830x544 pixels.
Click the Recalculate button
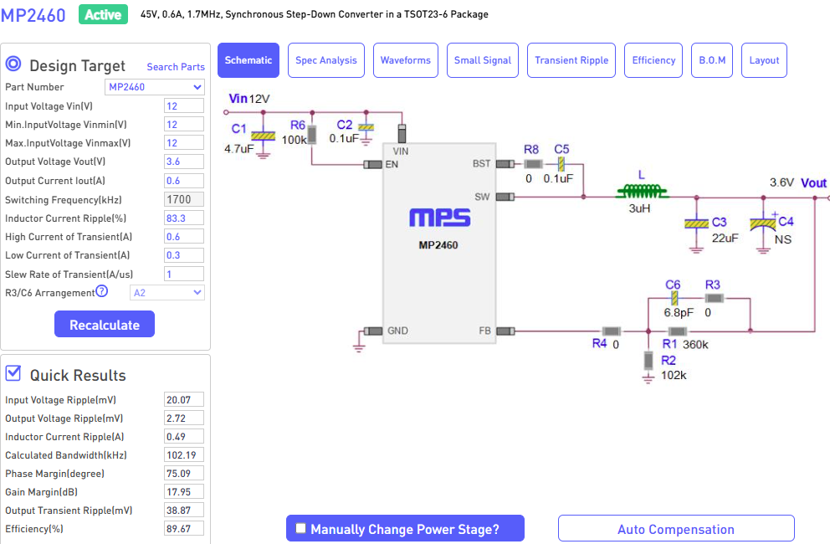(x=105, y=325)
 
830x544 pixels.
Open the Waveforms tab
(x=405, y=60)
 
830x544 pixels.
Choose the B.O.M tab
(x=712, y=60)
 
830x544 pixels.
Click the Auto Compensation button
(x=675, y=529)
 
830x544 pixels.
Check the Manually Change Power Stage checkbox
(x=301, y=529)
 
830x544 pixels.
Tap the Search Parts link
(x=176, y=67)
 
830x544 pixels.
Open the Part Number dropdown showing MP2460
(x=155, y=87)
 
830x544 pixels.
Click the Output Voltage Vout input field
(x=184, y=162)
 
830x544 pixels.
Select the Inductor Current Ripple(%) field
(x=184, y=218)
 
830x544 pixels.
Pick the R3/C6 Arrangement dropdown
(x=167, y=293)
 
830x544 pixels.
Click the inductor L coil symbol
(x=642, y=192)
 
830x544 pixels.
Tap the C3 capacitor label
(x=720, y=223)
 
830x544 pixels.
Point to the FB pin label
(x=484, y=331)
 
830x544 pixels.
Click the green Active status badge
(x=103, y=14)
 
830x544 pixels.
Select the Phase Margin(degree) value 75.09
(x=184, y=474)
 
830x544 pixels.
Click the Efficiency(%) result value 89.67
(x=184, y=529)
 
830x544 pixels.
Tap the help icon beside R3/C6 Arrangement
(x=102, y=292)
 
